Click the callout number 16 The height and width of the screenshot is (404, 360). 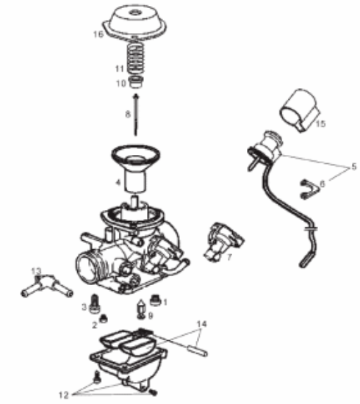coord(98,34)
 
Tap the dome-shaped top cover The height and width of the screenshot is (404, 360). coord(137,21)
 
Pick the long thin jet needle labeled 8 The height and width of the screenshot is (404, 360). coord(137,118)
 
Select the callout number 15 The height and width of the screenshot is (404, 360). coord(320,124)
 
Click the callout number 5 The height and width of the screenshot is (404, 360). coord(353,167)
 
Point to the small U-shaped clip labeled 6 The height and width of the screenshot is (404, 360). coord(307,190)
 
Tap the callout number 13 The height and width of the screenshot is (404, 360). coord(34,271)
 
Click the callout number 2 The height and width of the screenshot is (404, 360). coord(94,323)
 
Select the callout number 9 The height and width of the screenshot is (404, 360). coord(150,316)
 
